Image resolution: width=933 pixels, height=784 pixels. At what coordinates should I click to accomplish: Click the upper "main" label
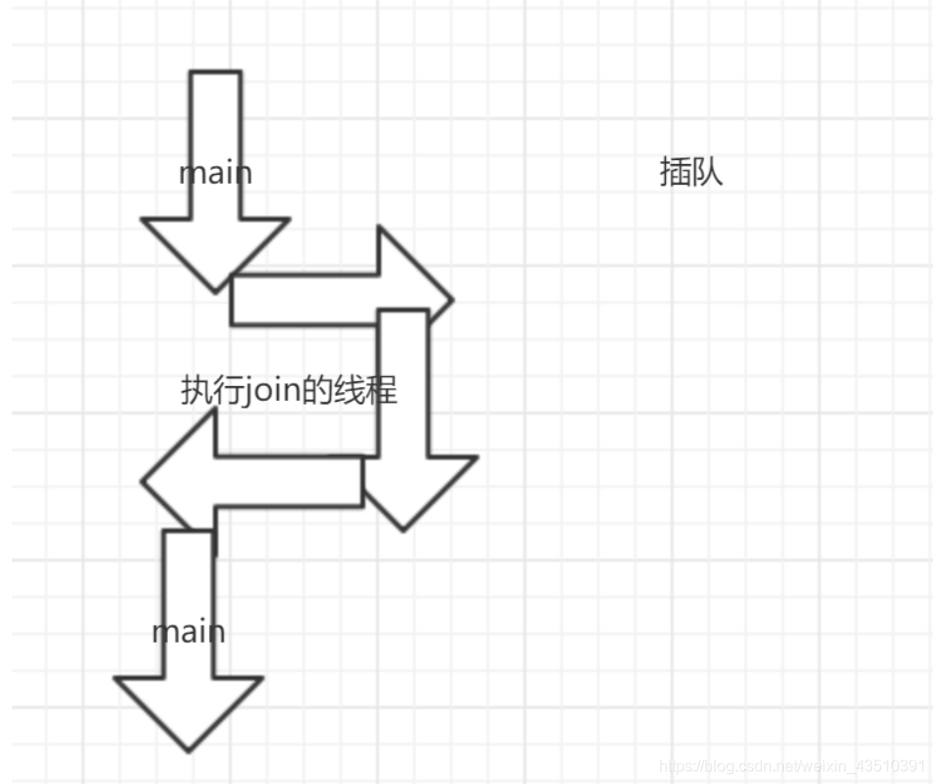click(215, 173)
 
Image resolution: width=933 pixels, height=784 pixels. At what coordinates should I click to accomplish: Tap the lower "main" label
click(189, 631)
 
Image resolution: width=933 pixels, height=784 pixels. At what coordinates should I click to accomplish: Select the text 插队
click(691, 173)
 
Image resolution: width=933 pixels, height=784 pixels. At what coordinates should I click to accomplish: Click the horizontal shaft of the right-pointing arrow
click(304, 300)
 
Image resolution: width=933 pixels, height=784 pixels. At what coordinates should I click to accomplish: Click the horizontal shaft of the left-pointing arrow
click(290, 481)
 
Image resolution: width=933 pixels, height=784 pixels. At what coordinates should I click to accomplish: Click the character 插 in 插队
click(675, 173)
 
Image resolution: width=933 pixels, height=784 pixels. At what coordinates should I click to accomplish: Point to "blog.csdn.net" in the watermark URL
click(741, 765)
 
